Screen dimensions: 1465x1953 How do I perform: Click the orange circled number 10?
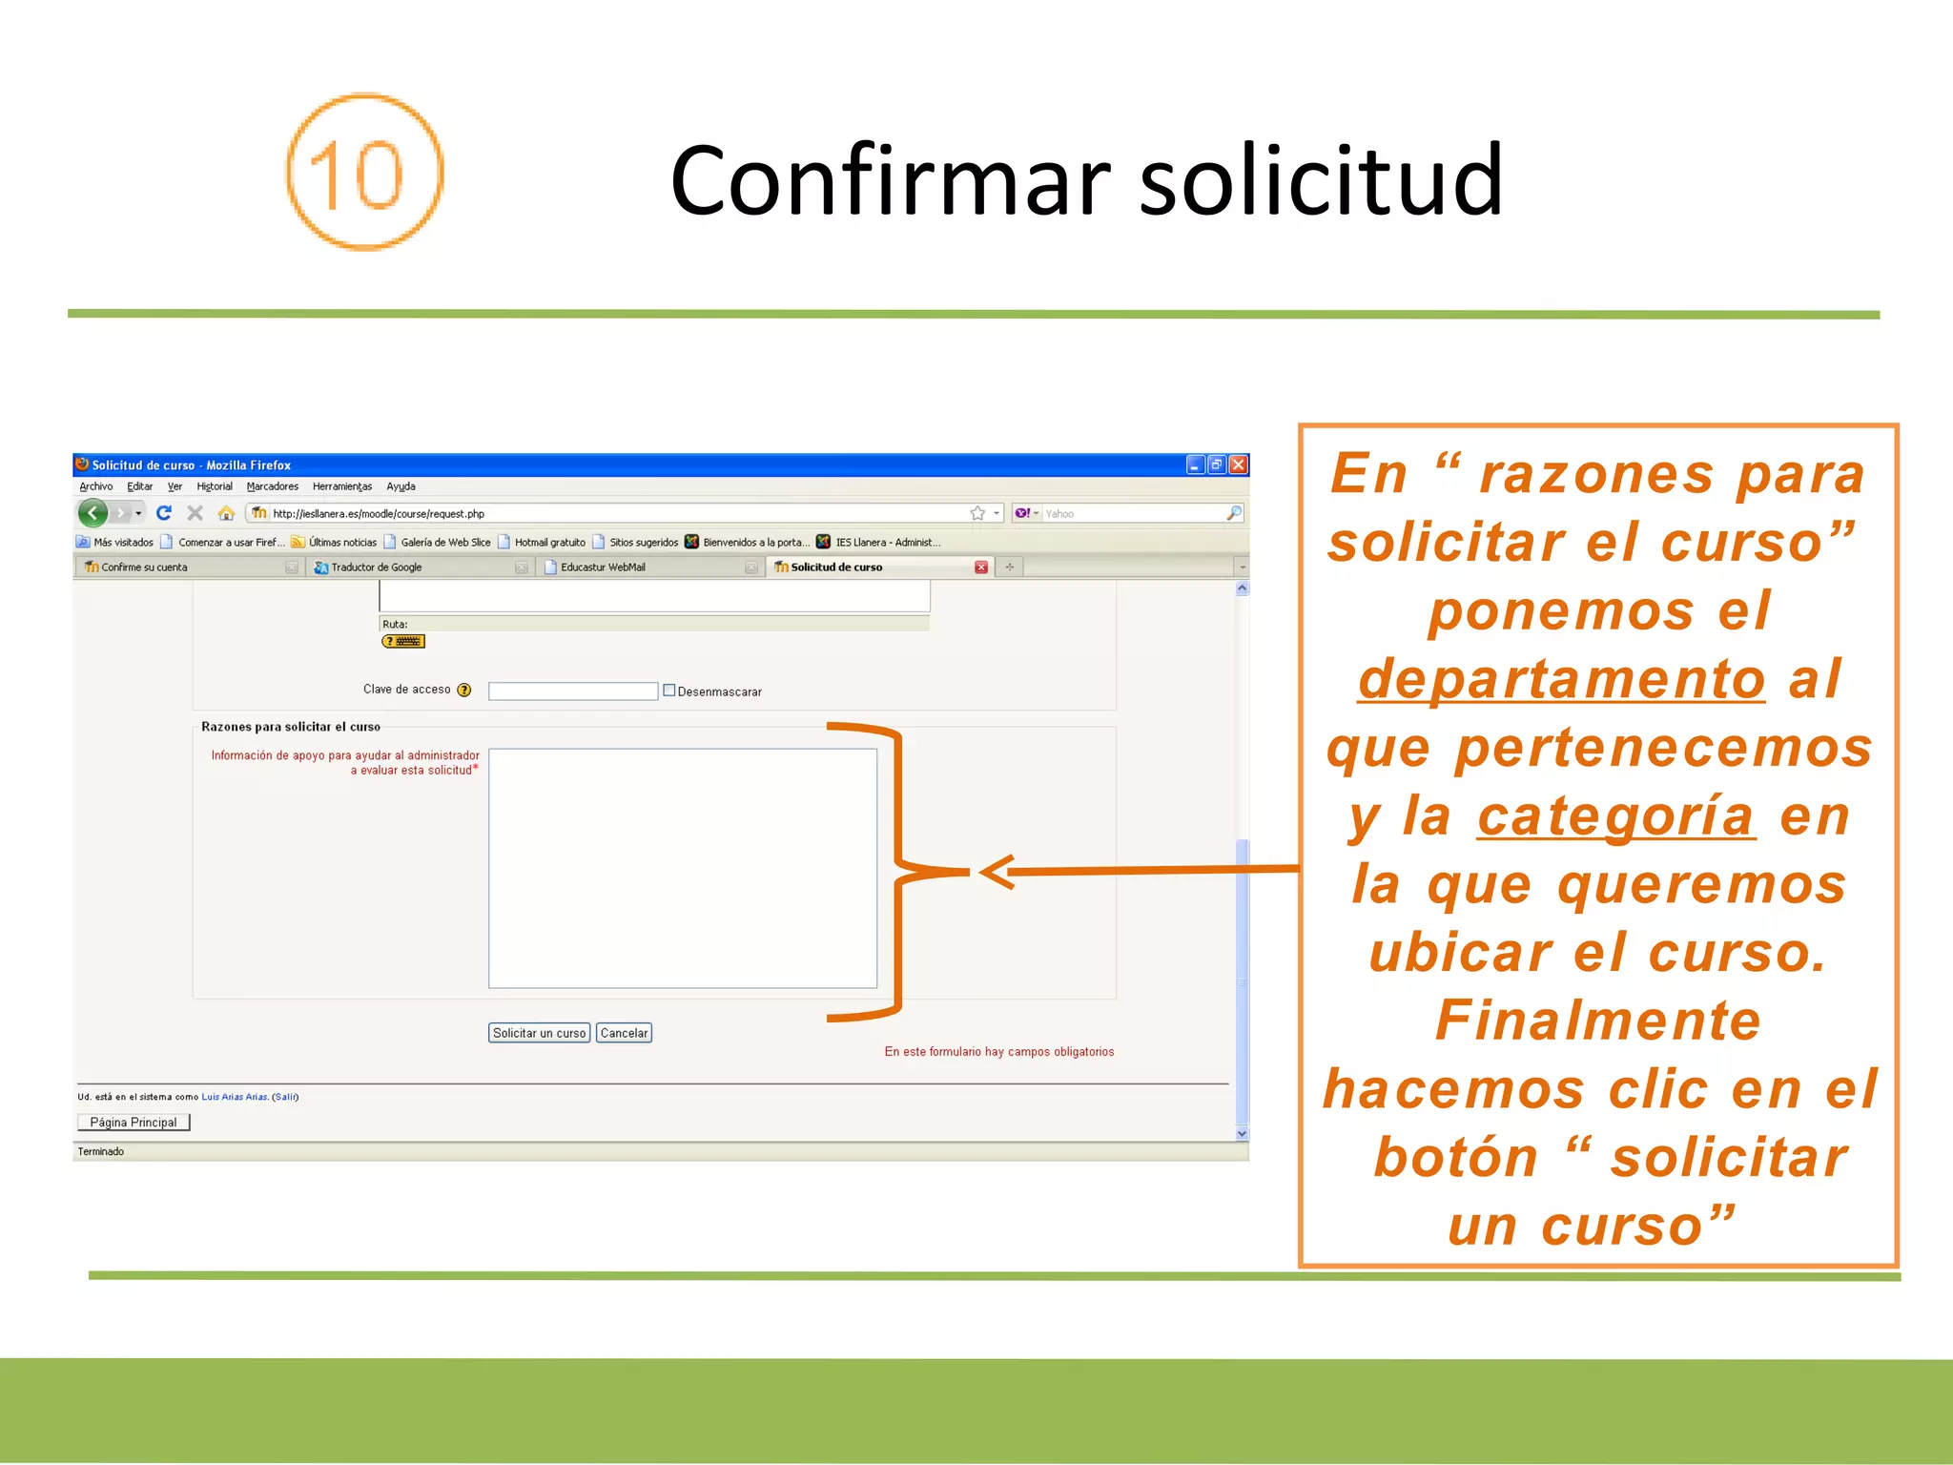(364, 173)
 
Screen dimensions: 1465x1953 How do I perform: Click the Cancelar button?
(624, 1033)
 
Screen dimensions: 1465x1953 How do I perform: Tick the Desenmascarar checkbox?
(669, 691)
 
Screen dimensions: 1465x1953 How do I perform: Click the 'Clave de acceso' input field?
(572, 691)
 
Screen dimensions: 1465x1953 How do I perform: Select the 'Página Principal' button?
(134, 1123)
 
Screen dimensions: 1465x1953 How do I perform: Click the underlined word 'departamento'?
(1561, 679)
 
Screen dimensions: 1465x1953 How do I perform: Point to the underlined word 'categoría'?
(1615, 816)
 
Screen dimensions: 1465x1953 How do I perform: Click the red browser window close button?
(1238, 464)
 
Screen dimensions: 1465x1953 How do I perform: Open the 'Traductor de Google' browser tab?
(376, 567)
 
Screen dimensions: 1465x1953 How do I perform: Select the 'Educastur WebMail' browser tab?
(603, 567)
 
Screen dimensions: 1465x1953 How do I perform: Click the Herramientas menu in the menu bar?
(341, 486)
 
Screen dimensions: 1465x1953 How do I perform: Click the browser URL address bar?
(610, 513)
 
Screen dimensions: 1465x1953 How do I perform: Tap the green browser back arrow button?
(93, 513)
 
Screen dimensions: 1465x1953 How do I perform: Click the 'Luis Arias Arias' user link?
(235, 1097)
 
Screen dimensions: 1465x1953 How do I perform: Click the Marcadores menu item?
(272, 486)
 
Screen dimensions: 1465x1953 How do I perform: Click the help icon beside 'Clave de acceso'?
(464, 691)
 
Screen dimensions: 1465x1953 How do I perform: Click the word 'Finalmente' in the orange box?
(1598, 1021)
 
